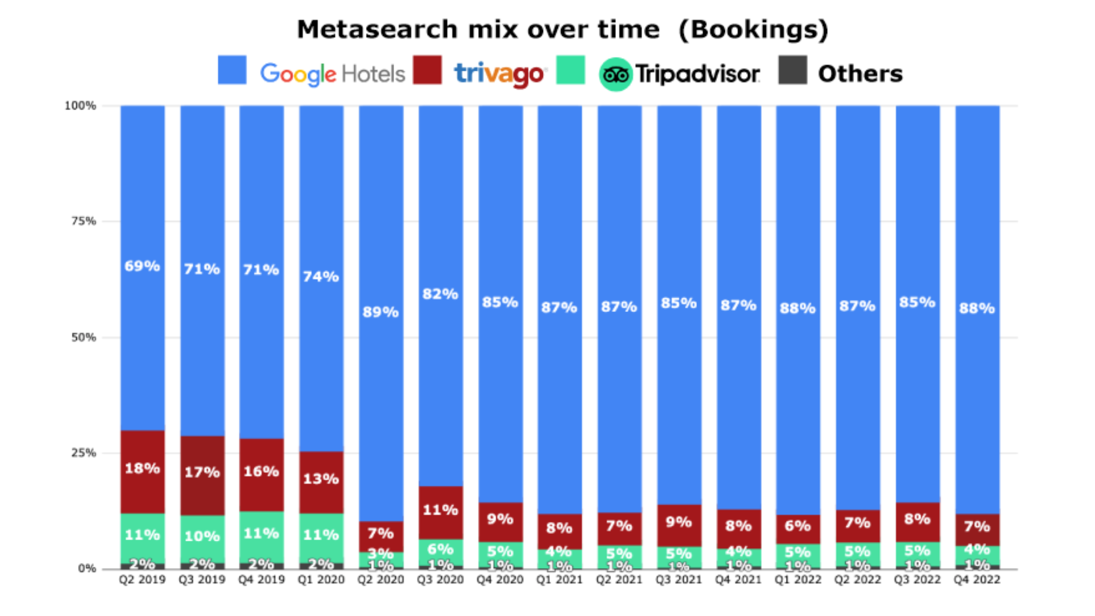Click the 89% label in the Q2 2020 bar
pos(380,312)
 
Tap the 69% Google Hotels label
pos(142,266)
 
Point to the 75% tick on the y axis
pos(83,221)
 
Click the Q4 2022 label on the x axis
pos(977,579)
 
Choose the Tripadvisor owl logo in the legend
pos(615,74)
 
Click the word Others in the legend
pos(860,74)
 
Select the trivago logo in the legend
pos(500,74)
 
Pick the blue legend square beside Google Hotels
pos(232,70)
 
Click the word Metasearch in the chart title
pos(377,29)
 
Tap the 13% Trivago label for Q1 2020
pos(321,479)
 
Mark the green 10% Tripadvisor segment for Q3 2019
pos(202,536)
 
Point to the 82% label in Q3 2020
pos(440,294)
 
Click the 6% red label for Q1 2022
pos(797,525)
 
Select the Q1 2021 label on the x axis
pos(559,579)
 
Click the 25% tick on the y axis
pos(83,453)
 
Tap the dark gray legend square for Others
pos(793,70)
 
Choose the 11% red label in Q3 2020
pos(440,509)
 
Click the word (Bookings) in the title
pos(753,29)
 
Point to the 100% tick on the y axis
pos(80,106)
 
